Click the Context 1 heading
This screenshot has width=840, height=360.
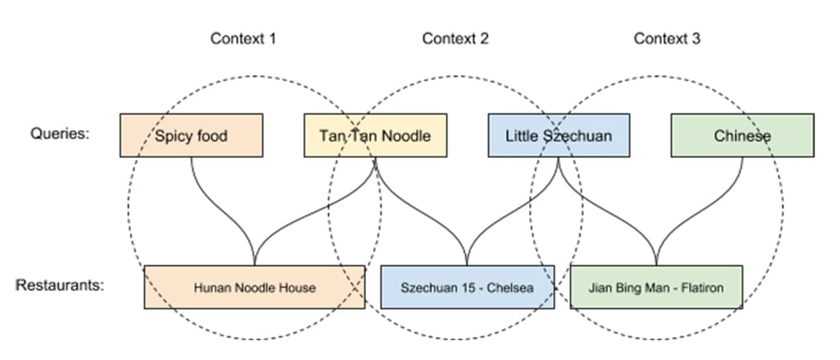243,39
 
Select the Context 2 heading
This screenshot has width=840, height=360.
455,39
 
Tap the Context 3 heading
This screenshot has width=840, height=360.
667,39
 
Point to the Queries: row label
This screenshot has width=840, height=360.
58,134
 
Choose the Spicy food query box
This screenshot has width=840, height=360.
191,135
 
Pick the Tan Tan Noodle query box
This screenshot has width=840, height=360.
375,135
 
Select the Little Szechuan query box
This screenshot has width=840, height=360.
559,135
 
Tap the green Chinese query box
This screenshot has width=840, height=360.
742,135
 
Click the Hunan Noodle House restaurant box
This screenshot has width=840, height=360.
254,287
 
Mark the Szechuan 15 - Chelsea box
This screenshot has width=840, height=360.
468,287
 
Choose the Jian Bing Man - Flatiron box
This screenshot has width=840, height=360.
656,287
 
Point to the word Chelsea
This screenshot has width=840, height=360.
513,287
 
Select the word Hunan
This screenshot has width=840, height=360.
209,287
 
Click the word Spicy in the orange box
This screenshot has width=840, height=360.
171,135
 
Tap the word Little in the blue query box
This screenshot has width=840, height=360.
523,135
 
